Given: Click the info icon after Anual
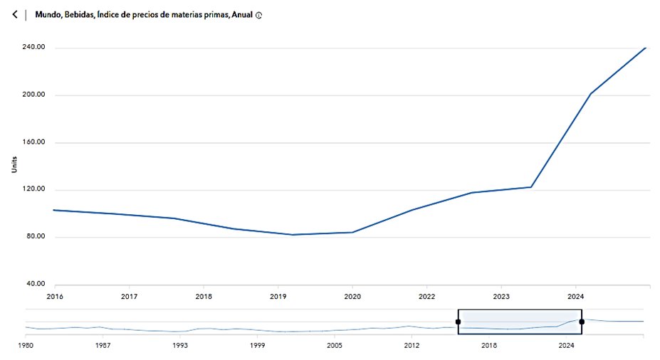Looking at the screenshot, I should pos(258,15).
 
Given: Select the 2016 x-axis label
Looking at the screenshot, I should pos(54,296).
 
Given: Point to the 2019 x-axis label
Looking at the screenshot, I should pos(278,296).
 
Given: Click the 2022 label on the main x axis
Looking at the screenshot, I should pos(426,296).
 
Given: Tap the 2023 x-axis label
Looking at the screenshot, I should pos(501,296).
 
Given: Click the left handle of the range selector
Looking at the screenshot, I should pos(458,322).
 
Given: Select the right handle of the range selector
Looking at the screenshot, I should pos(582,322).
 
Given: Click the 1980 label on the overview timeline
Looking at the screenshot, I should pos(26,345).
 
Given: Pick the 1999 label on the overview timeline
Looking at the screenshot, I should pos(258,345).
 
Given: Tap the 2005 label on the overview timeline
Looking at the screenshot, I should pos(335,345).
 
